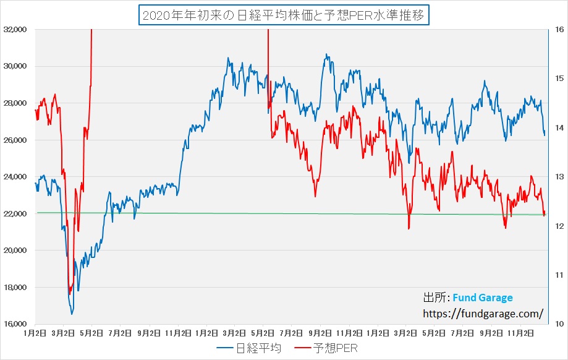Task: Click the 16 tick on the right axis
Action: click(x=557, y=29)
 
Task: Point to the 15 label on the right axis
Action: click(x=557, y=79)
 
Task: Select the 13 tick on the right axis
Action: click(x=557, y=177)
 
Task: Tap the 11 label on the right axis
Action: click(x=557, y=275)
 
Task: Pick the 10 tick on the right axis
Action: click(x=557, y=324)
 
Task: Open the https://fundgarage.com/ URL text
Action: click(x=483, y=314)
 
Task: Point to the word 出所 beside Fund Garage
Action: click(x=434, y=298)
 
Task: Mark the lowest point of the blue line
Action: click(x=72, y=314)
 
